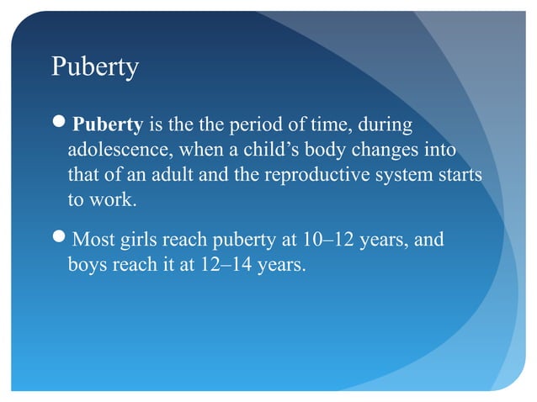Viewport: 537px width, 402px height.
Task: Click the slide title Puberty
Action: pos(94,67)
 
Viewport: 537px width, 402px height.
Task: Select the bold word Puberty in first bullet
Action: pos(108,127)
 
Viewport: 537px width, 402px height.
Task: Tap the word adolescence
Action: pos(115,152)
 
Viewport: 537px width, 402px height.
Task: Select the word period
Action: pos(258,127)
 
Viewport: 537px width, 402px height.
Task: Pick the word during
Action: pos(385,127)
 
